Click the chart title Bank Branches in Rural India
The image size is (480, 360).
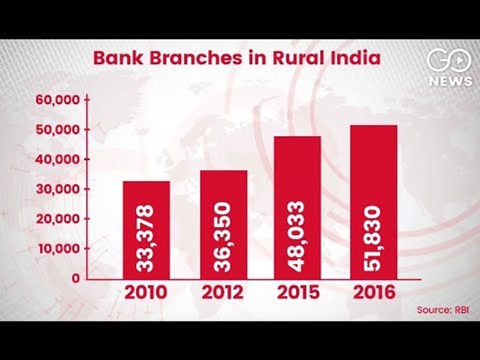[237, 58]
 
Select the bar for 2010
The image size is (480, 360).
[146, 230]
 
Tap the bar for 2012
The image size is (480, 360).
[223, 224]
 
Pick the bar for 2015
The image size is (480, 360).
[297, 208]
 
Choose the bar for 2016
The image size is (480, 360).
[374, 202]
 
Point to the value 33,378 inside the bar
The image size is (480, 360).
[145, 238]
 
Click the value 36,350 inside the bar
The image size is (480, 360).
[222, 237]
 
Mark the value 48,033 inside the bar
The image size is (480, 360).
[296, 236]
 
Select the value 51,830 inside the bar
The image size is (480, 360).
[372, 238]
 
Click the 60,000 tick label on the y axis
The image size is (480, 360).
[58, 100]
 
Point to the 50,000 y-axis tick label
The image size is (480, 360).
[58, 129]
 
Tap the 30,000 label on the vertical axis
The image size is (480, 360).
[58, 189]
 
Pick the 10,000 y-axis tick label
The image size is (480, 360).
[59, 248]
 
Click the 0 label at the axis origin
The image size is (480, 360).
[76, 278]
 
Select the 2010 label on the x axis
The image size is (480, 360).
[146, 292]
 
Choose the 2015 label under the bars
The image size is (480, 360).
[298, 292]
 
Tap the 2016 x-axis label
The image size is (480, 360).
[374, 292]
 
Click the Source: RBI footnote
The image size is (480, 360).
[442, 310]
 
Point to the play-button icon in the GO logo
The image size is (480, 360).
[459, 60]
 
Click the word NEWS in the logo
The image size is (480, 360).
[450, 81]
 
